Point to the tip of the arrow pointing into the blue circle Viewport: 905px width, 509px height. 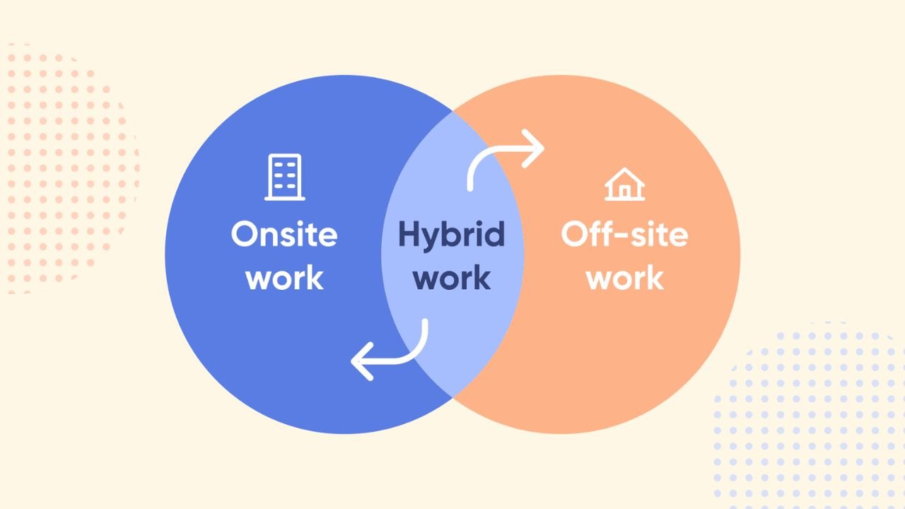pos(351,361)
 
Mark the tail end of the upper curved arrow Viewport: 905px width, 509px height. pos(470,188)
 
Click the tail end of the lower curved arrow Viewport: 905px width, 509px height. pos(425,321)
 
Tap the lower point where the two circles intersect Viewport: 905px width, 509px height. pos(452,398)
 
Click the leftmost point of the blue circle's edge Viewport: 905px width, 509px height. pos(165,255)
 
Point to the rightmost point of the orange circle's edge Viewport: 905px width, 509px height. pos(740,255)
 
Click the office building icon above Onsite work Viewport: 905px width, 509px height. pos(285,177)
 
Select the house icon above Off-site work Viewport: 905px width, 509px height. pos(624,185)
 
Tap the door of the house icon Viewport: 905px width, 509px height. pos(624,192)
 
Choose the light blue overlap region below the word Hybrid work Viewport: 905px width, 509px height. pos(452,344)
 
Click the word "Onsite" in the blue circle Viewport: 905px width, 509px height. pos(284,234)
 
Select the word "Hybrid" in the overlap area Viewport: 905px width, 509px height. pos(452,235)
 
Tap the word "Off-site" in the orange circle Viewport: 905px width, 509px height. pos(624,233)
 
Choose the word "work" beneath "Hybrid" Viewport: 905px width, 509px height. pos(452,278)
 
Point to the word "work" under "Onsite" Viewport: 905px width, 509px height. pos(285,278)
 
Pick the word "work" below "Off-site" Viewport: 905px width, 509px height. pos(625,278)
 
